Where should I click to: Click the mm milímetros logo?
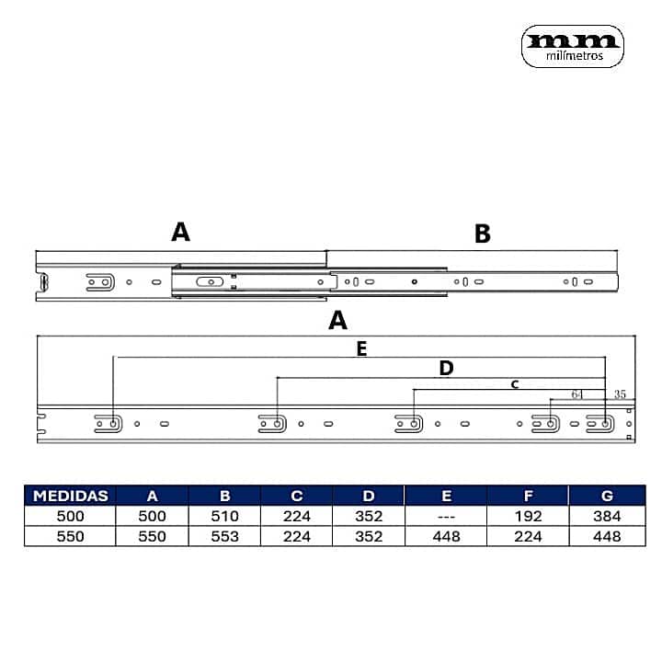coord(573,47)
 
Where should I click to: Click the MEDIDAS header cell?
coord(70,496)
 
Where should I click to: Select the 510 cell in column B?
coord(224,516)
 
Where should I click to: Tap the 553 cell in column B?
coord(224,536)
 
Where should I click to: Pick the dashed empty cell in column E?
coord(446,516)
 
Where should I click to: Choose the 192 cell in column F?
coord(528,516)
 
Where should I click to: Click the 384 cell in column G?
coord(607,516)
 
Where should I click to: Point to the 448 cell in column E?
coord(446,536)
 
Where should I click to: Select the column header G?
coord(607,496)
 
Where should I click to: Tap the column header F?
coord(528,496)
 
